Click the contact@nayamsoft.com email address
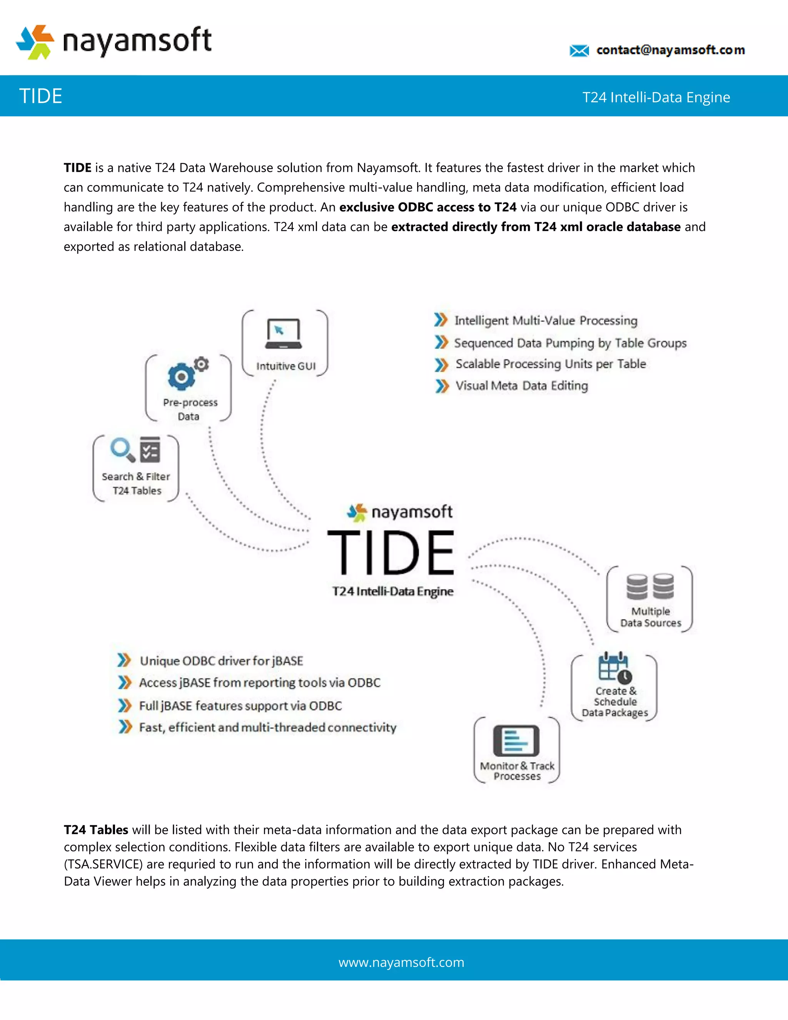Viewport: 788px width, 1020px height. (670, 50)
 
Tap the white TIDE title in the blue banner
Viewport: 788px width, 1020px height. (41, 96)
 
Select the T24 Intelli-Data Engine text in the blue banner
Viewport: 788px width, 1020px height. (656, 97)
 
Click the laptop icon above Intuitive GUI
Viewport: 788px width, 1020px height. (283, 333)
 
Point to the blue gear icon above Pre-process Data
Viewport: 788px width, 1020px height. (182, 376)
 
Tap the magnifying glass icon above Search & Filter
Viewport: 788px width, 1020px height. (122, 449)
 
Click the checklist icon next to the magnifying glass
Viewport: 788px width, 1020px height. (150, 449)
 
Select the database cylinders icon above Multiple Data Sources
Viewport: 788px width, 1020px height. (650, 587)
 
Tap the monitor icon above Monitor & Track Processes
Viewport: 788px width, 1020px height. (516, 740)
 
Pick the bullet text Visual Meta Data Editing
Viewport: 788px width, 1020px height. (521, 386)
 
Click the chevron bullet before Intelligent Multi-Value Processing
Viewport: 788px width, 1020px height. (441, 320)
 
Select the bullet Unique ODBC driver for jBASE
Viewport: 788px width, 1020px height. (221, 661)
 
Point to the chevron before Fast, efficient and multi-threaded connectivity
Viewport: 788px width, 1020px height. (125, 727)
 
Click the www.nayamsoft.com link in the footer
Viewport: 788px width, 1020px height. (401, 962)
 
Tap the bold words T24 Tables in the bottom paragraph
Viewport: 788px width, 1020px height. (96, 829)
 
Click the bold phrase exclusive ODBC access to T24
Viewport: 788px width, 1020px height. (427, 207)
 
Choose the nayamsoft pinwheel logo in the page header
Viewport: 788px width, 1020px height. (35, 42)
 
